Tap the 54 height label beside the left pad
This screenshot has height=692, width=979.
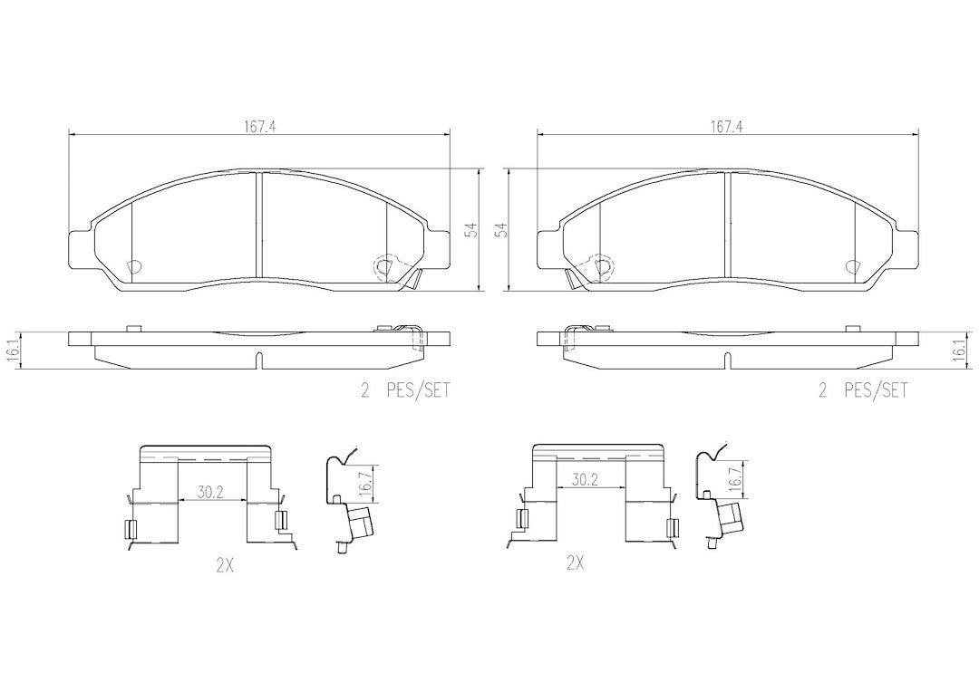(x=472, y=230)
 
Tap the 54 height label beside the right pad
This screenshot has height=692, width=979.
(x=500, y=230)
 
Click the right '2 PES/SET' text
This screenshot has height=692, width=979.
(x=863, y=391)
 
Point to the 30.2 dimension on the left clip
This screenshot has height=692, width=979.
(x=210, y=493)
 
